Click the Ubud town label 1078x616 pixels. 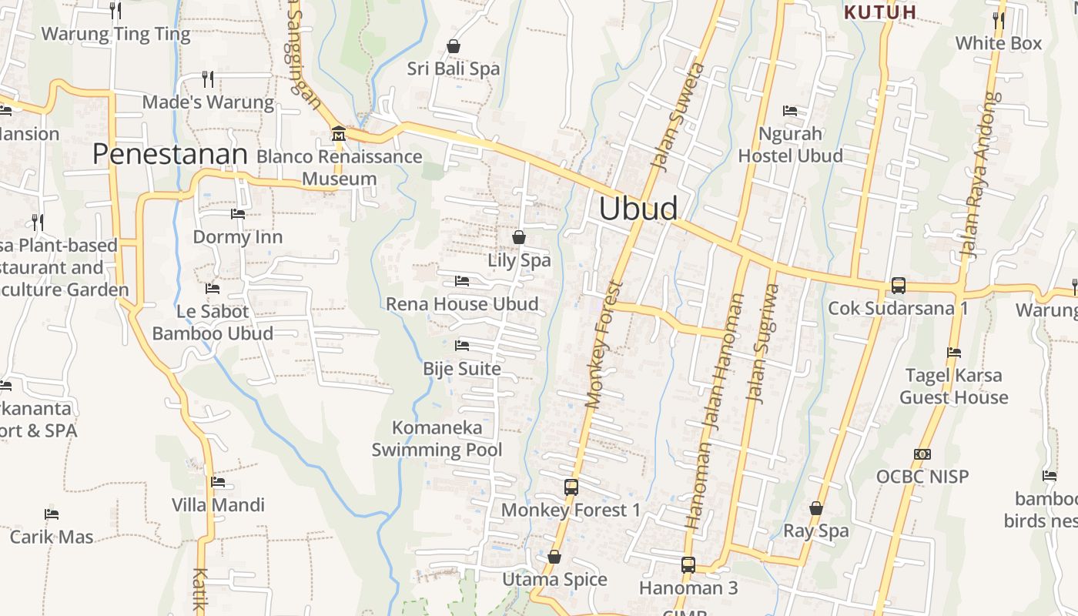[x=638, y=209]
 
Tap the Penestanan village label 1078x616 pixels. [x=169, y=154]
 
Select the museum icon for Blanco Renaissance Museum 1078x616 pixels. [x=338, y=134]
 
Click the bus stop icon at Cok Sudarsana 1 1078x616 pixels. [x=898, y=285]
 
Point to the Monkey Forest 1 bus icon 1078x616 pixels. [x=571, y=487]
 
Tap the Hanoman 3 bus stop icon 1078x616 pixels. [x=688, y=565]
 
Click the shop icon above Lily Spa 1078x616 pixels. [x=519, y=237]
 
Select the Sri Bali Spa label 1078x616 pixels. [x=454, y=69]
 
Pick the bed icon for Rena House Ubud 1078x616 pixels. [x=462, y=281]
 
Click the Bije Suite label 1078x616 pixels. [x=462, y=369]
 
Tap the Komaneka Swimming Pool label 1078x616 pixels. [x=437, y=439]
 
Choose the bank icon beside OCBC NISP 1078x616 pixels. [x=922, y=454]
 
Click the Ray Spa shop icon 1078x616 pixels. [x=816, y=508]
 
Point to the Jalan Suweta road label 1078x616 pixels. [x=667, y=117]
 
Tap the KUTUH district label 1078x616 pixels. [x=880, y=12]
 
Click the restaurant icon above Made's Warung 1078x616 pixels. [x=207, y=79]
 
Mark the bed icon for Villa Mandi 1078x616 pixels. [x=218, y=482]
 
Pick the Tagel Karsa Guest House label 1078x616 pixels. [x=954, y=387]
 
